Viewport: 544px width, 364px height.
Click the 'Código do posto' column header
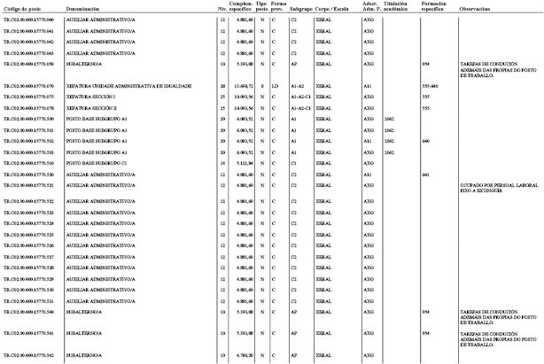19,7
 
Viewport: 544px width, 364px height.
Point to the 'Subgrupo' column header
301,7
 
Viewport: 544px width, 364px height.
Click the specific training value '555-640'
430,85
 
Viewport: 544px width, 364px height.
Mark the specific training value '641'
426,174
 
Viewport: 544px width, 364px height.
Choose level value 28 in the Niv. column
222,85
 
